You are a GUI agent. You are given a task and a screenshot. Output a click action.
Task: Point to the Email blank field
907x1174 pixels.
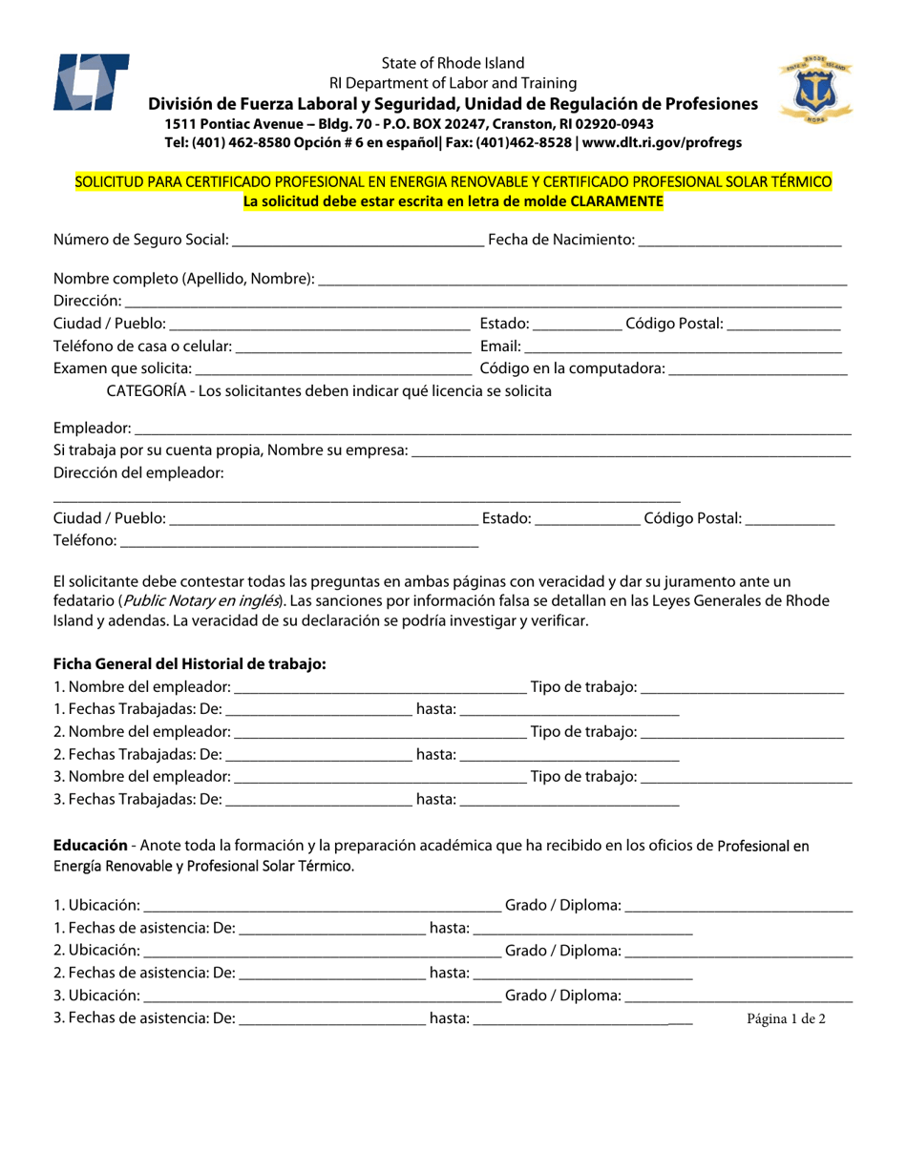click(x=683, y=347)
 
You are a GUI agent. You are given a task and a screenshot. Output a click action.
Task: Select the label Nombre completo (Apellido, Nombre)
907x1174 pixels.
click(x=183, y=279)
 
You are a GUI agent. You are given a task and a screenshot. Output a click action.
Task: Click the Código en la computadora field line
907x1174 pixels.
click(x=758, y=370)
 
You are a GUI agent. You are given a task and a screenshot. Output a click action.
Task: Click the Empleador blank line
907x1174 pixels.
click(x=492, y=430)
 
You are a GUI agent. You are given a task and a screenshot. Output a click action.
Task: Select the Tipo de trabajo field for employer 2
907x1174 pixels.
click(x=742, y=733)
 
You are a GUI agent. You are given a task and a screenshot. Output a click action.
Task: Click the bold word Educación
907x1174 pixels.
click(x=90, y=846)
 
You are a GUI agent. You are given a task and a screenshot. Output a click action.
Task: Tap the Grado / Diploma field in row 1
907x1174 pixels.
click(x=739, y=906)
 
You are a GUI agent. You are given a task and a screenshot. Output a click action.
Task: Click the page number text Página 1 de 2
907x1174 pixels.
click(x=786, y=1018)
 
